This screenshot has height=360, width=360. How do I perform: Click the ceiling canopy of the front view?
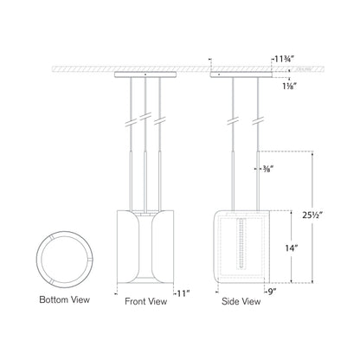(x=145, y=74)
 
